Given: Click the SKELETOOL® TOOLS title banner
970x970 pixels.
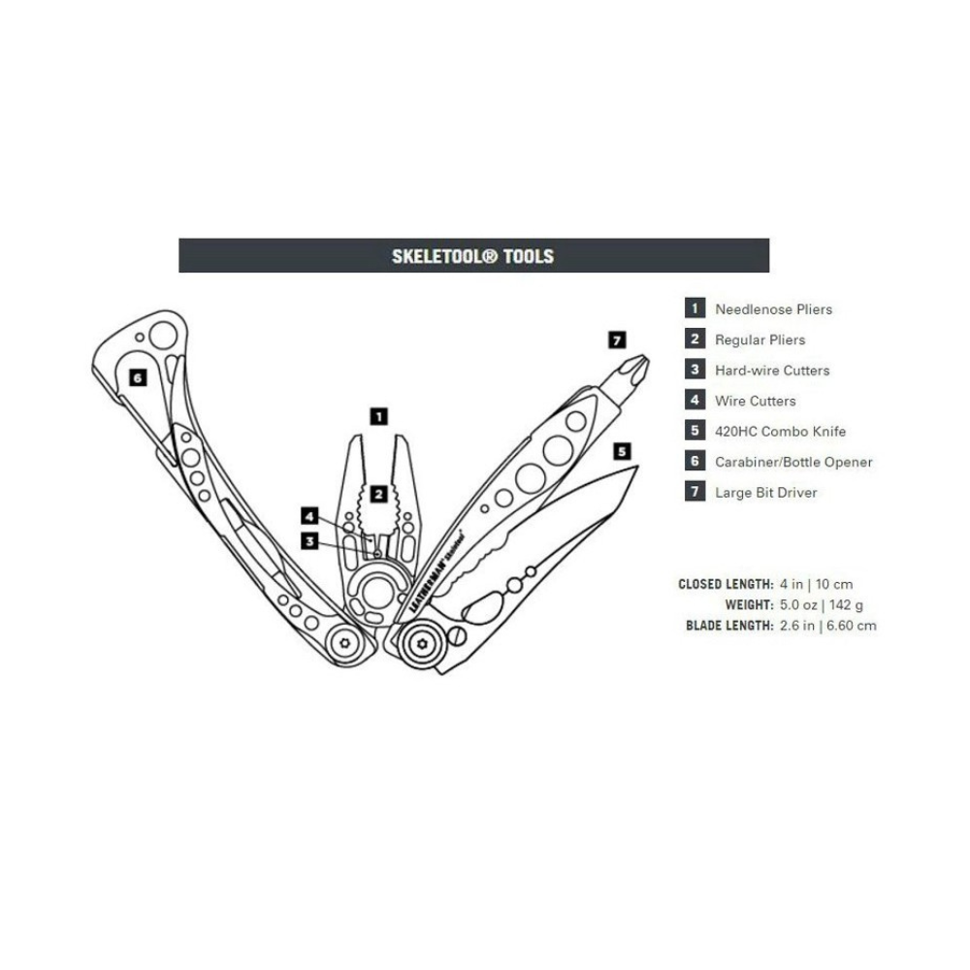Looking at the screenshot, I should click(x=473, y=256).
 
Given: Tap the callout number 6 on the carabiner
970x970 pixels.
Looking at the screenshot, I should click(x=138, y=377).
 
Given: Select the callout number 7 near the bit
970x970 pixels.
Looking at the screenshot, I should click(x=617, y=339).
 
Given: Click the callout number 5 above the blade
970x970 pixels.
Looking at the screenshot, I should click(x=622, y=451).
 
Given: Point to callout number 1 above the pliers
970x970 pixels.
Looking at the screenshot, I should click(x=379, y=416).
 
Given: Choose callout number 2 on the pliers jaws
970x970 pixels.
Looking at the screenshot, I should click(x=379, y=494).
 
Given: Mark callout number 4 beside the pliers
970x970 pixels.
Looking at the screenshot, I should click(x=309, y=516).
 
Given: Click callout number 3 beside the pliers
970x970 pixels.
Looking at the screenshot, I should click(x=309, y=541).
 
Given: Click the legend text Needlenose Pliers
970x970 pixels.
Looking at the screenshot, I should click(x=773, y=309).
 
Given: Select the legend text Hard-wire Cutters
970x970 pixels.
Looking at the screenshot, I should click(x=772, y=371).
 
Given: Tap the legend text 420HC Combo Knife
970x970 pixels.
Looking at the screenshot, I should click(x=780, y=432).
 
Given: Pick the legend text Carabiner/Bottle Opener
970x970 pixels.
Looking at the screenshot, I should click(x=793, y=462).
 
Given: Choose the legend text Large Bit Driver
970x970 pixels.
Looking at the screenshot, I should click(x=765, y=493).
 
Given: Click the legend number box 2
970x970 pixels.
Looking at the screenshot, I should click(x=695, y=339).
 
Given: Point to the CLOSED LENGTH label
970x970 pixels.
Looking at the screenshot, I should click(x=726, y=585).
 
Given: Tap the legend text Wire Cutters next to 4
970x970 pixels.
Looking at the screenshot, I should click(x=755, y=401).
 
